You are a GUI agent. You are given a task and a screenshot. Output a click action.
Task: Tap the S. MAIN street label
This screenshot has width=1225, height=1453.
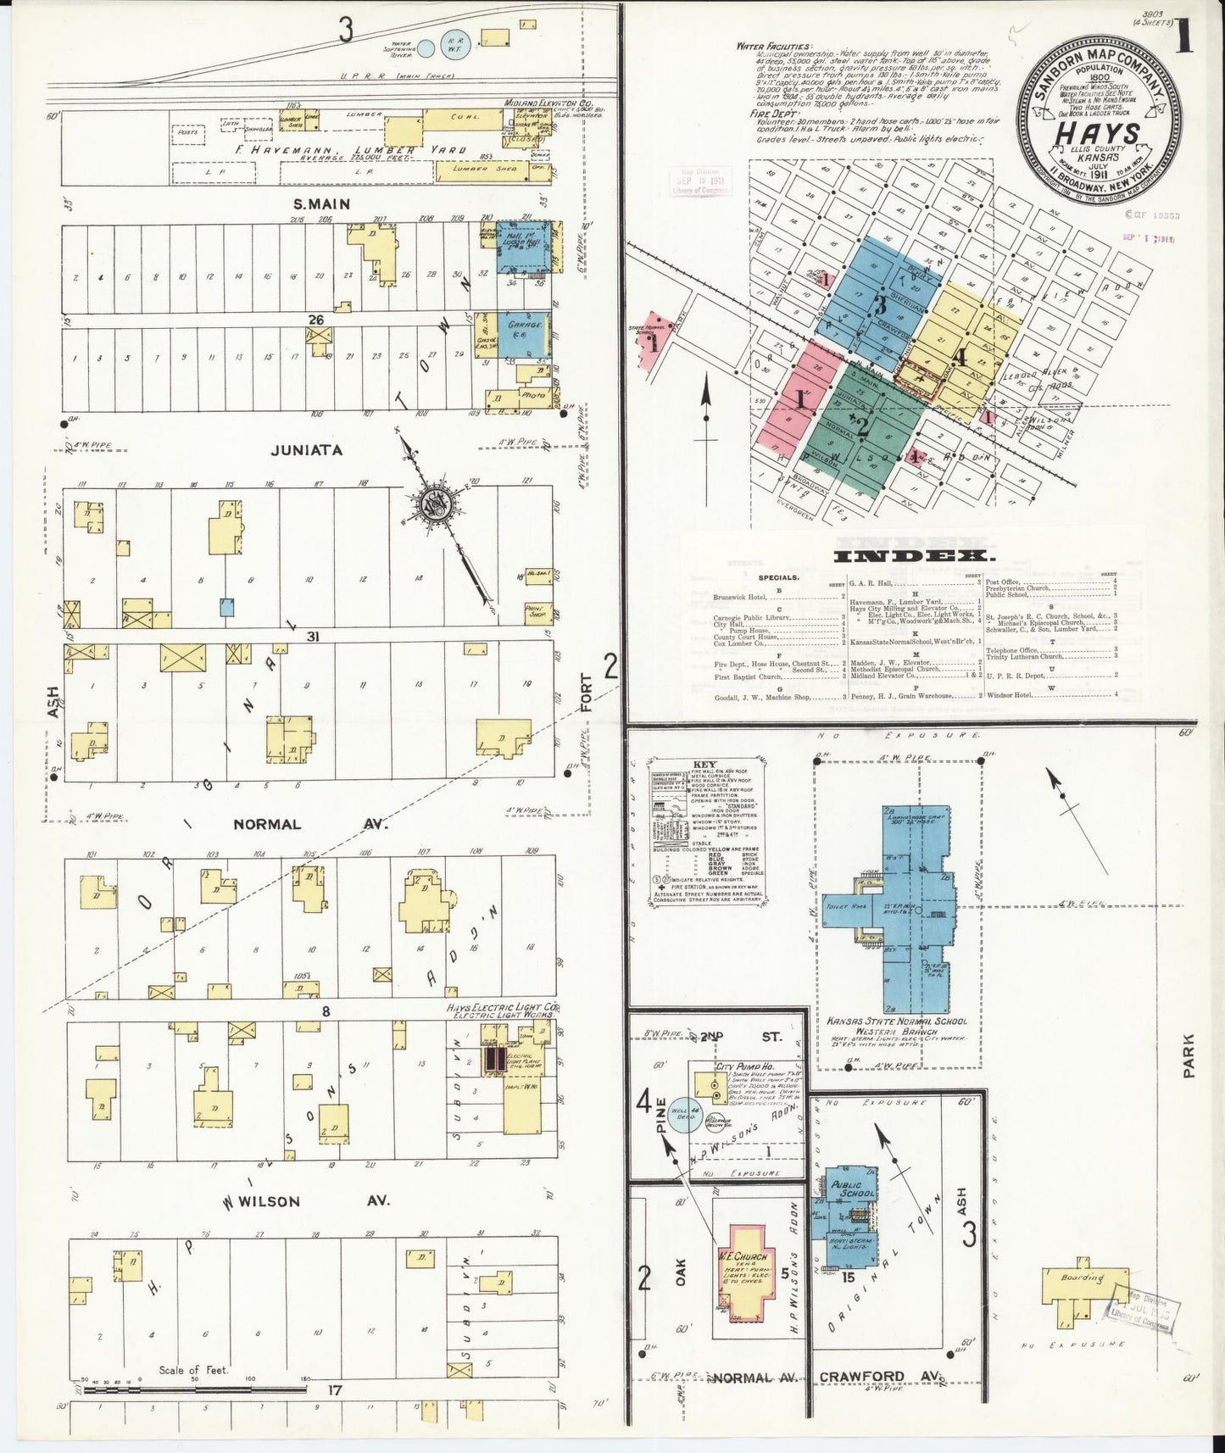[x=321, y=204]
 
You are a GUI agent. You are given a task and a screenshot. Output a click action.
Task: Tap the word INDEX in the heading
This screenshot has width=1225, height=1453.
[x=915, y=556]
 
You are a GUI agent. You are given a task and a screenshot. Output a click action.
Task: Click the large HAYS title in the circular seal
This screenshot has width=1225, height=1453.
[x=1096, y=134]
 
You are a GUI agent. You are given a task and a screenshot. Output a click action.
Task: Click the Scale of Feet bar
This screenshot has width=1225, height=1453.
[x=195, y=1390]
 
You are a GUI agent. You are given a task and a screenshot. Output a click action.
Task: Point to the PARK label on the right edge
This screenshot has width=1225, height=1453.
[x=1189, y=1055]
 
